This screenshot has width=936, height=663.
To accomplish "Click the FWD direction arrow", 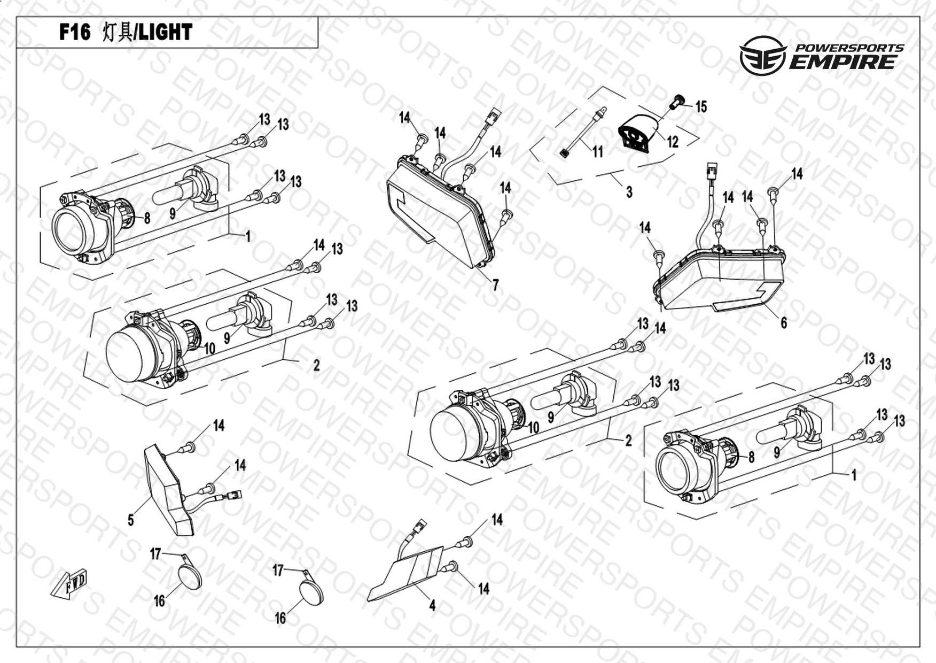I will (x=70, y=585).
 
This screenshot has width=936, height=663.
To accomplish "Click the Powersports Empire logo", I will (x=821, y=55).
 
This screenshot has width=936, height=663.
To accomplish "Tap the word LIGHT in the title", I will (x=165, y=33).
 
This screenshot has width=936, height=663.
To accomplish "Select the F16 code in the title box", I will (x=75, y=33).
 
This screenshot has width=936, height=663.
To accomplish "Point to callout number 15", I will (x=701, y=106).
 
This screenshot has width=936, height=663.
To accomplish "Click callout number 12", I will (x=672, y=142).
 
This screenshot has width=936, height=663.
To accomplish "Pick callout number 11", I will (x=597, y=152).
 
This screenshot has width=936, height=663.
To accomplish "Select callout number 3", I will (x=629, y=191).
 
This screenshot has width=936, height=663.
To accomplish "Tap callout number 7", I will (x=495, y=285).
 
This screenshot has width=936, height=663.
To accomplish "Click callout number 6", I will (x=783, y=322).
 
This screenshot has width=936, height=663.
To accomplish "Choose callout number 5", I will (x=131, y=520).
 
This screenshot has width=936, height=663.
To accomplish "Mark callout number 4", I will (x=432, y=605).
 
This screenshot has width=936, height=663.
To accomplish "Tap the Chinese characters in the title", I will (x=116, y=33).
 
